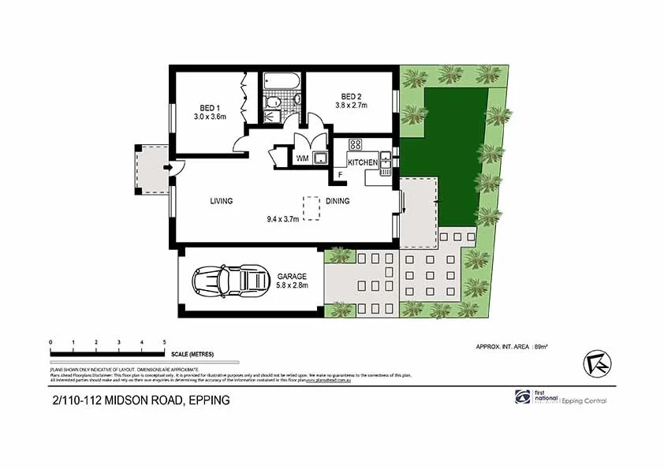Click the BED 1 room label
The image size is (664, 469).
point(209,108)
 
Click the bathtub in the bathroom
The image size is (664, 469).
point(282,80)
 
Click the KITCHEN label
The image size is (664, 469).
point(363,162)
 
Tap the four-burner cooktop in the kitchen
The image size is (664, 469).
point(355,144)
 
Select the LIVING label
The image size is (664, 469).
point(222,201)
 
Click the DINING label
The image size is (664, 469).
point(338,201)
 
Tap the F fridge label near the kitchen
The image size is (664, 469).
point(340,174)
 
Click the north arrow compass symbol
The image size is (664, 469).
point(597,363)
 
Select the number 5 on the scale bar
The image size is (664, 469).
point(164,342)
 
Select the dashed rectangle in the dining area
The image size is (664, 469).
point(313,207)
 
